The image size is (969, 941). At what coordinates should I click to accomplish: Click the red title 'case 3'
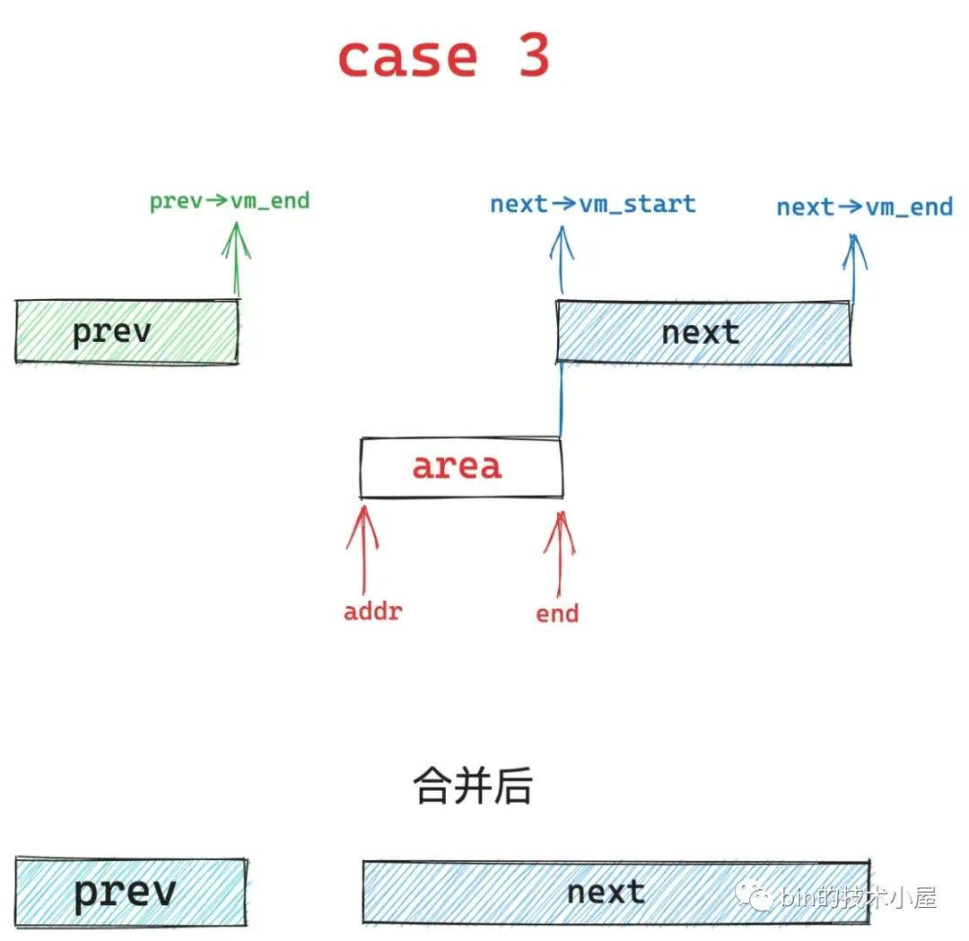click(443, 57)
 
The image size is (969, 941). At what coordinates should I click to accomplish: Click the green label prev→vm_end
click(230, 200)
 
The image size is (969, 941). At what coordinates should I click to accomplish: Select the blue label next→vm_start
click(592, 204)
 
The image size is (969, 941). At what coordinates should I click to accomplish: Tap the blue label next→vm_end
click(864, 207)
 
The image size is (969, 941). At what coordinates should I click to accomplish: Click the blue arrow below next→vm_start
click(562, 260)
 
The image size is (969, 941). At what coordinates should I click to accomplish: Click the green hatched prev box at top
click(127, 331)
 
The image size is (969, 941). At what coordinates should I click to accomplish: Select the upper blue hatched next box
click(703, 333)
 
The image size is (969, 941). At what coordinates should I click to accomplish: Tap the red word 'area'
click(457, 467)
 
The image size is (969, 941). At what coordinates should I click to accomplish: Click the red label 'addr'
click(372, 612)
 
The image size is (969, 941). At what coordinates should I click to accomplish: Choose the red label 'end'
click(557, 614)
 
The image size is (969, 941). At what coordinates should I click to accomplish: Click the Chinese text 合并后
click(473, 787)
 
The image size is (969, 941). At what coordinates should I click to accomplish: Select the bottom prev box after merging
click(130, 892)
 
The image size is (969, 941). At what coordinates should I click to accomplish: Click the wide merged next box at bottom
click(615, 892)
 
